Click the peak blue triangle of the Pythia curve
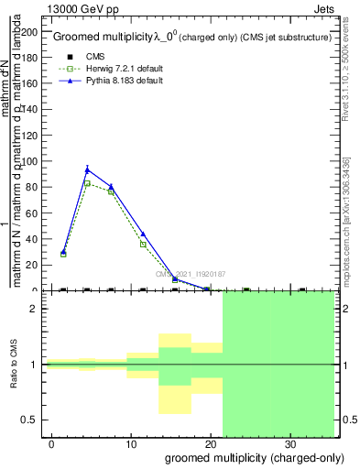87,169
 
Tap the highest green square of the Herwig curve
87,183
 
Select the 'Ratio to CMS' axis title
14,365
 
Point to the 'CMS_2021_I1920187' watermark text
190,274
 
